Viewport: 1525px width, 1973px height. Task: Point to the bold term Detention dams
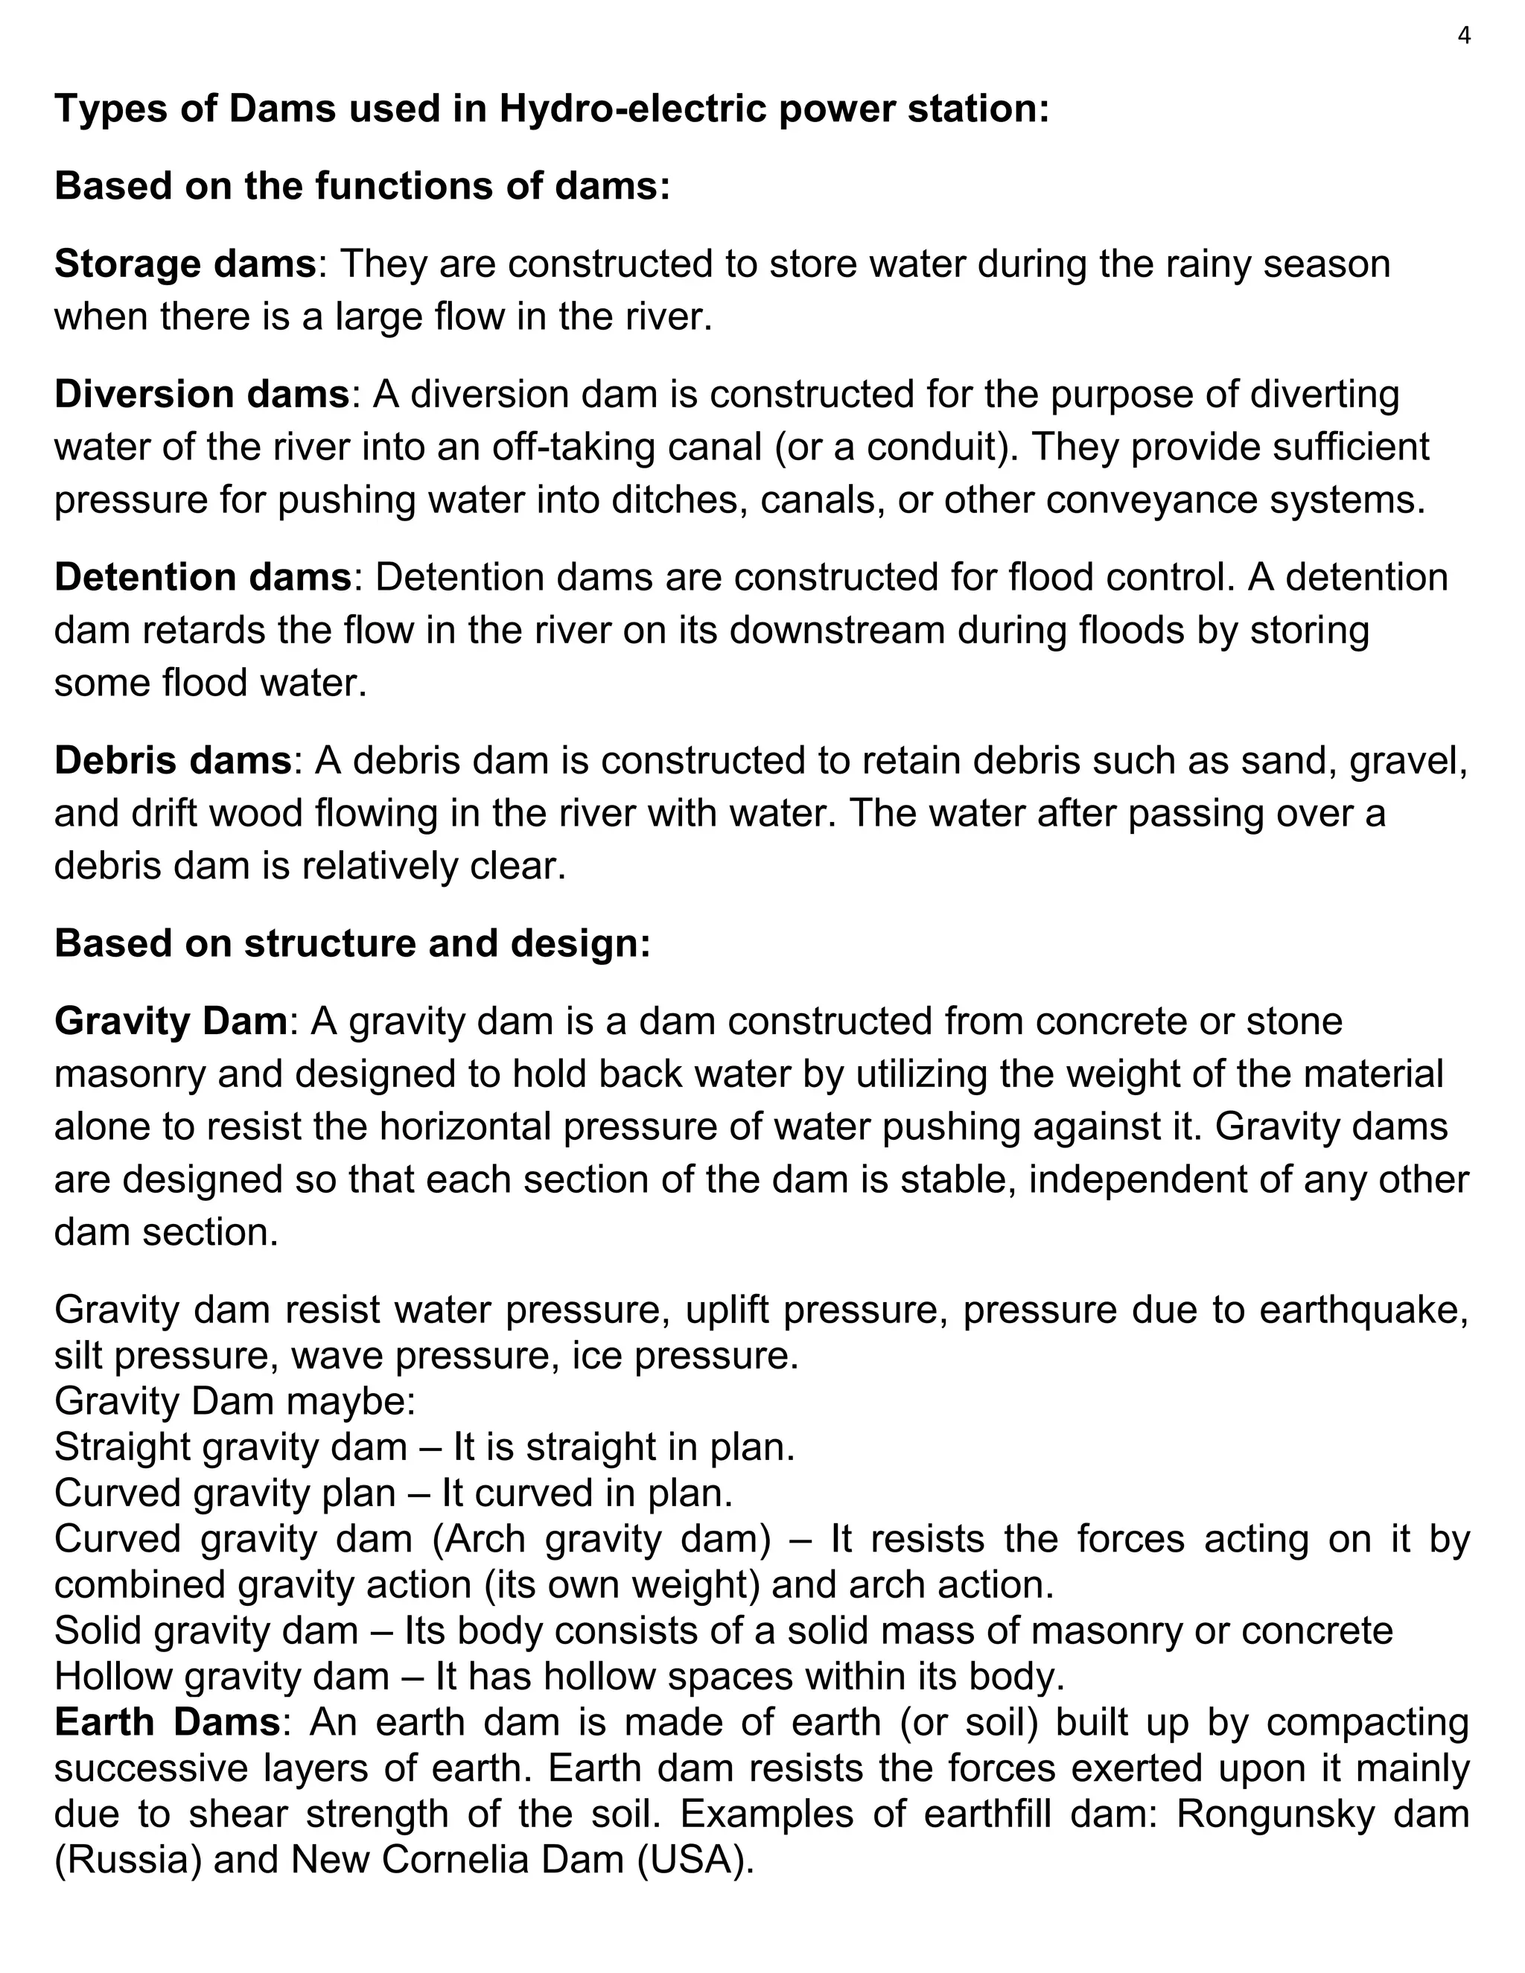[203, 577]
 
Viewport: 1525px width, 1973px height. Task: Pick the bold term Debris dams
[173, 761]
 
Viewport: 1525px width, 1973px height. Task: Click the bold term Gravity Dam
[171, 1021]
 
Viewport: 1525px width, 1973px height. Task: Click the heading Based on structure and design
[352, 943]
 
